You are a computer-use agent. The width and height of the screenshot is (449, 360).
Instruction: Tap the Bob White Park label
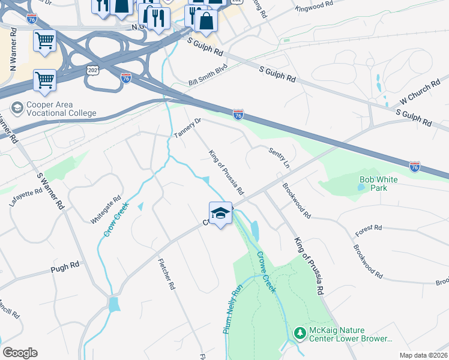381,184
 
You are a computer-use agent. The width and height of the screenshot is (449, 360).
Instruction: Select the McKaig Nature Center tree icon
300,332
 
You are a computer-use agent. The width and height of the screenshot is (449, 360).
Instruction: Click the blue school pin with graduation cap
220,214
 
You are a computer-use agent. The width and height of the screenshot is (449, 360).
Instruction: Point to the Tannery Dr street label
187,127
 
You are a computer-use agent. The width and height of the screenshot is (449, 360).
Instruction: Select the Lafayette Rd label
26,197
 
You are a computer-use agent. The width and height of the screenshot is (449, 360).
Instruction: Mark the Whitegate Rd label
106,209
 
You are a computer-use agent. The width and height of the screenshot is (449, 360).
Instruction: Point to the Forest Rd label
369,228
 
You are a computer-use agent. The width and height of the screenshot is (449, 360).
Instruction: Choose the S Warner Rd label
50,191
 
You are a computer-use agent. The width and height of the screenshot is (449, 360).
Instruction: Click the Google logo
20,353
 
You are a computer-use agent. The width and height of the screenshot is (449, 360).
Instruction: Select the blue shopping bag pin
206,21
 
